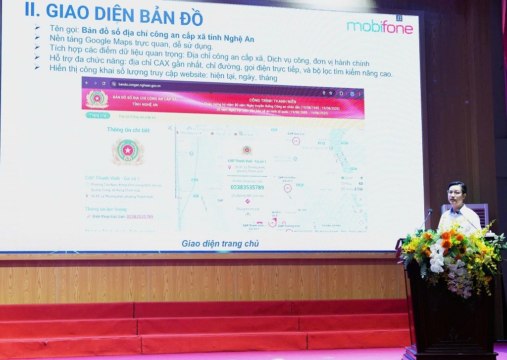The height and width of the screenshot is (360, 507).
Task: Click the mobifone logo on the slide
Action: coord(379,27)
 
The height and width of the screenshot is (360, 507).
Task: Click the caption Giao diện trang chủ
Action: coord(220,244)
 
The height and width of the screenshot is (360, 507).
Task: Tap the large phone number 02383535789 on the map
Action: coord(248,188)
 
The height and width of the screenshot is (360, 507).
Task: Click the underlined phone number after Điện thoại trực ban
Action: coord(140,217)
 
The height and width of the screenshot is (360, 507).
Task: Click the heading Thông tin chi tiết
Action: coord(128,130)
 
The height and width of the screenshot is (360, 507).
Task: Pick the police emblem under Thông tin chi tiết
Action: coord(128,152)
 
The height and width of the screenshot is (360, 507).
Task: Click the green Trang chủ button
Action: coord(98,115)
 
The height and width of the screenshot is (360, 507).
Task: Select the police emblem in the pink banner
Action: coord(97,99)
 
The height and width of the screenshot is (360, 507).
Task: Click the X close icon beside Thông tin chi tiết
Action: coord(170,128)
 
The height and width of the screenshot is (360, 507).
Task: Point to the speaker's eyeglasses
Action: coord(455,192)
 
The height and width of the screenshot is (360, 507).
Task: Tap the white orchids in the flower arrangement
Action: coord(437,257)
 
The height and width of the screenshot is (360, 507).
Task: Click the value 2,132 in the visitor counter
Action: coord(358,189)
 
